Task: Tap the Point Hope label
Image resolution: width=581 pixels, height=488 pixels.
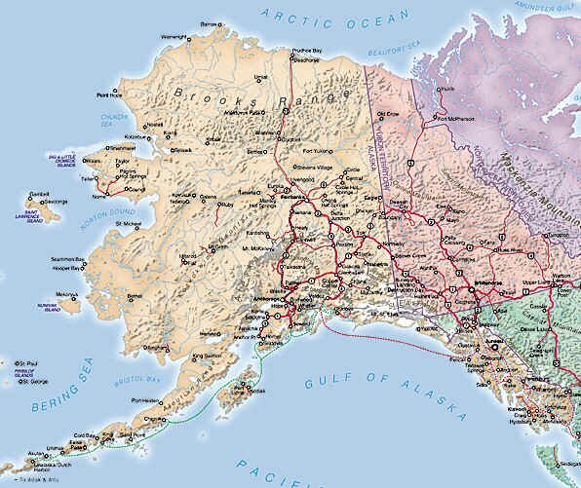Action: (108, 95)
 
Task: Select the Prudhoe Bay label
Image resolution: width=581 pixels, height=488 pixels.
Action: (307, 51)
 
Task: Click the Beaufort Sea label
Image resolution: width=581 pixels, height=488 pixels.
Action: (390, 51)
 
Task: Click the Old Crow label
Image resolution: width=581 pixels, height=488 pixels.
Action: (387, 114)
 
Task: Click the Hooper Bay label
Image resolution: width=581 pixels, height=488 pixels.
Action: (65, 266)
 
